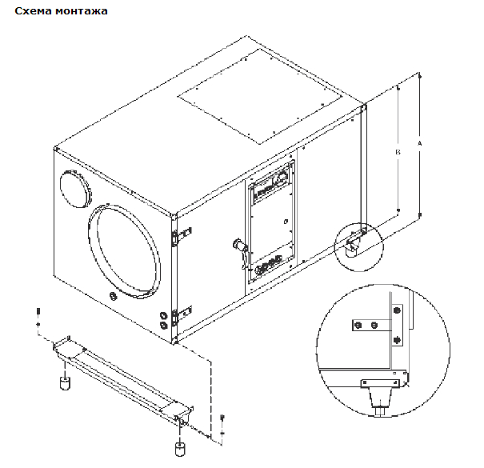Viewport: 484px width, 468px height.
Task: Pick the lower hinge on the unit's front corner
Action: pos(182,311)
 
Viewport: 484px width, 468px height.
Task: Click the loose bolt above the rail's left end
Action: pos(37,313)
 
